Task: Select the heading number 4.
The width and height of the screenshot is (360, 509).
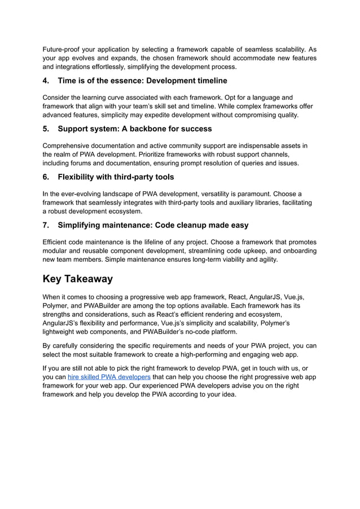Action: tap(46, 81)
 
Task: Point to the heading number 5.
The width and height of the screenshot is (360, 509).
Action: tap(46, 129)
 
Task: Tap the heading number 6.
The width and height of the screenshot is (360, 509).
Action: tap(46, 177)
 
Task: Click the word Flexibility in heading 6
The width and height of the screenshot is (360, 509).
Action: tap(80, 177)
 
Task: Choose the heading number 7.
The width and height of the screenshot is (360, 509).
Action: tap(46, 225)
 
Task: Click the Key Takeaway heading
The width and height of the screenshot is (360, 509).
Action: tap(78, 279)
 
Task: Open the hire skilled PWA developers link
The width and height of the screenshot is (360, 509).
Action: tap(109, 376)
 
